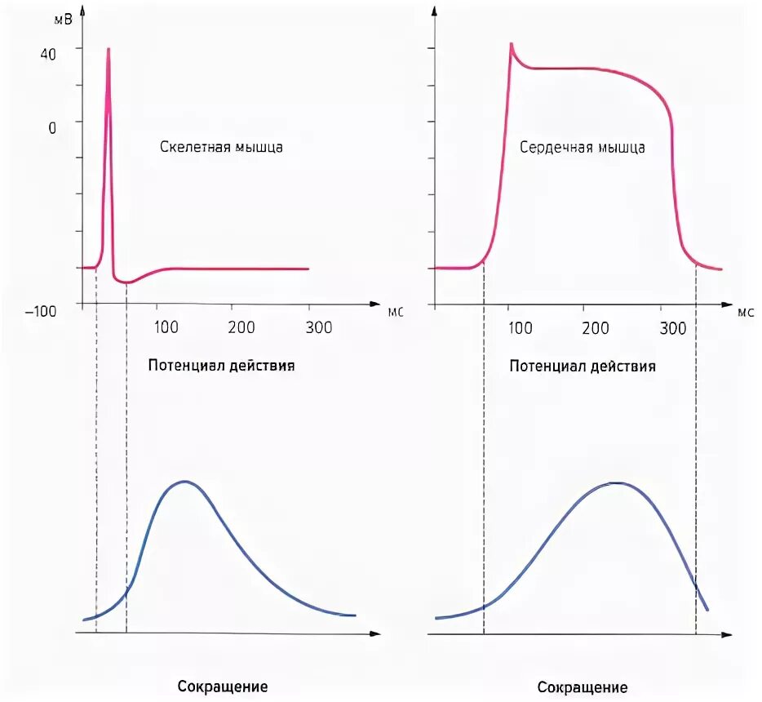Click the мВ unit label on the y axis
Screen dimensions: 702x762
pyautogui.click(x=63, y=20)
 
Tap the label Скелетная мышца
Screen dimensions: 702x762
pyautogui.click(x=222, y=148)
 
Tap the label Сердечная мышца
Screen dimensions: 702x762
pyautogui.click(x=583, y=148)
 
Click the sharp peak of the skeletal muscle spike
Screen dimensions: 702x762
pyautogui.click(x=108, y=49)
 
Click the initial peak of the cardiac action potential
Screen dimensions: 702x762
pyautogui.click(x=511, y=44)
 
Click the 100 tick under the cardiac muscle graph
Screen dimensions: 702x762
pyautogui.click(x=519, y=328)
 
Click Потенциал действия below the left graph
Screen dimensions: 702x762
pyautogui.click(x=221, y=366)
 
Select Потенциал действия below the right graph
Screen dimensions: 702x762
pyautogui.click(x=583, y=366)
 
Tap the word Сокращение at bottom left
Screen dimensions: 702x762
pyautogui.click(x=223, y=686)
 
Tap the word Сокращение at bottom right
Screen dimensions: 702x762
pyautogui.click(x=583, y=687)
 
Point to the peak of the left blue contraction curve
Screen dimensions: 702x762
pyautogui.click(x=185, y=482)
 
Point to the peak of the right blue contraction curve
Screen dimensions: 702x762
pyautogui.click(x=618, y=483)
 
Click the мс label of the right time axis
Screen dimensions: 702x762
pyautogui.click(x=746, y=311)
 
